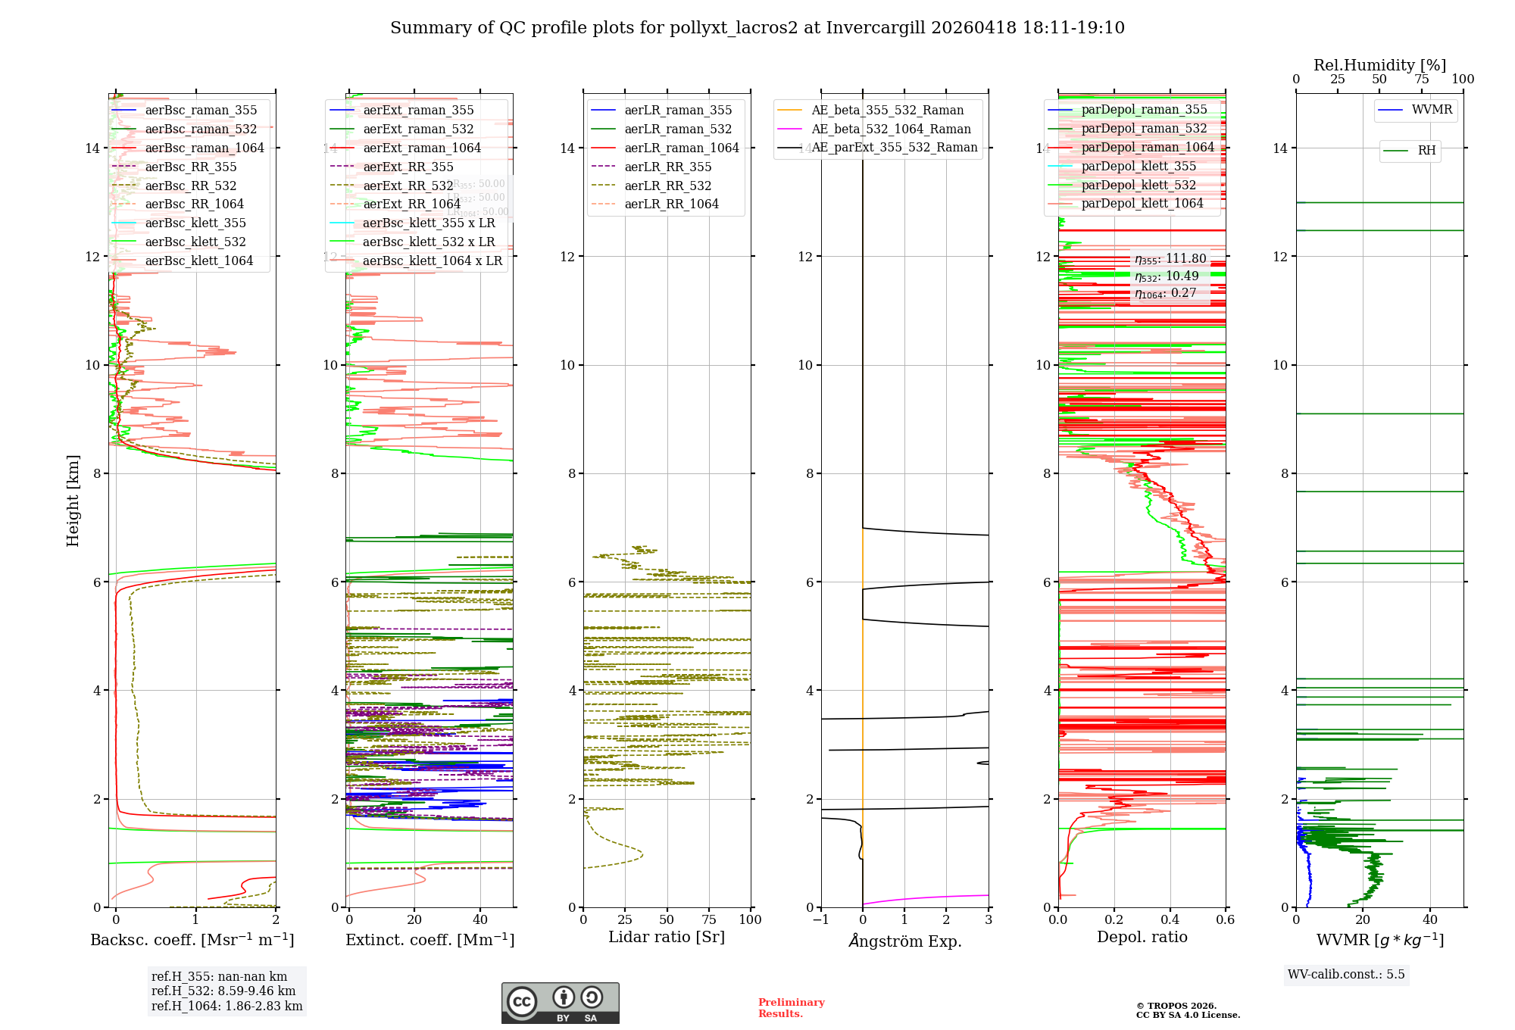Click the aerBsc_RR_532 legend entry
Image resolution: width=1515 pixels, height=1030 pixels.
(x=190, y=186)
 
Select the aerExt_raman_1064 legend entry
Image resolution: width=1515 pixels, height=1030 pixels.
(x=421, y=148)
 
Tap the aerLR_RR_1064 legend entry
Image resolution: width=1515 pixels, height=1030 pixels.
(x=671, y=204)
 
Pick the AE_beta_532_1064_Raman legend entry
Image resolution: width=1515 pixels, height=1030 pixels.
(x=890, y=129)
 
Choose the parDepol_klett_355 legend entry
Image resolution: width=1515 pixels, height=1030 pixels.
(x=1138, y=166)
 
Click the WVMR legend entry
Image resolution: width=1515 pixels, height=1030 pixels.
(x=1431, y=110)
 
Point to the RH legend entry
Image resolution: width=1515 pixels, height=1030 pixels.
(x=1426, y=151)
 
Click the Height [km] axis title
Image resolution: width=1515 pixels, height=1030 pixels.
(x=73, y=500)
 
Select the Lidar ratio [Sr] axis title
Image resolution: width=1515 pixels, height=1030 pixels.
(x=667, y=937)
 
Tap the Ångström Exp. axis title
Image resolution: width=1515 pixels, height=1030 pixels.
(x=904, y=941)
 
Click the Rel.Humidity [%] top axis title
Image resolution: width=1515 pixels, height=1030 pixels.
(x=1379, y=65)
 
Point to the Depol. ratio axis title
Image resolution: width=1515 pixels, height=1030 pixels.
(x=1142, y=937)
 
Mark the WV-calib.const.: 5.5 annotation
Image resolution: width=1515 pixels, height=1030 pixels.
(x=1346, y=974)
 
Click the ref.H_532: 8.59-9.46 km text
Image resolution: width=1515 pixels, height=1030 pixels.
(x=223, y=991)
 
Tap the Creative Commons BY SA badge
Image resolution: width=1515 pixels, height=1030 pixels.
(x=560, y=1003)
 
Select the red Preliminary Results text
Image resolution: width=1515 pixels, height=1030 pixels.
(x=791, y=1007)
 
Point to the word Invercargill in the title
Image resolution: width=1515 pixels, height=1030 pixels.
(x=876, y=28)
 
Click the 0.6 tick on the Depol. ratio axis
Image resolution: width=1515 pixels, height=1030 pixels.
(x=1225, y=919)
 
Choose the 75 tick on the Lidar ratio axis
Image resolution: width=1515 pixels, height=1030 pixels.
(x=709, y=919)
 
